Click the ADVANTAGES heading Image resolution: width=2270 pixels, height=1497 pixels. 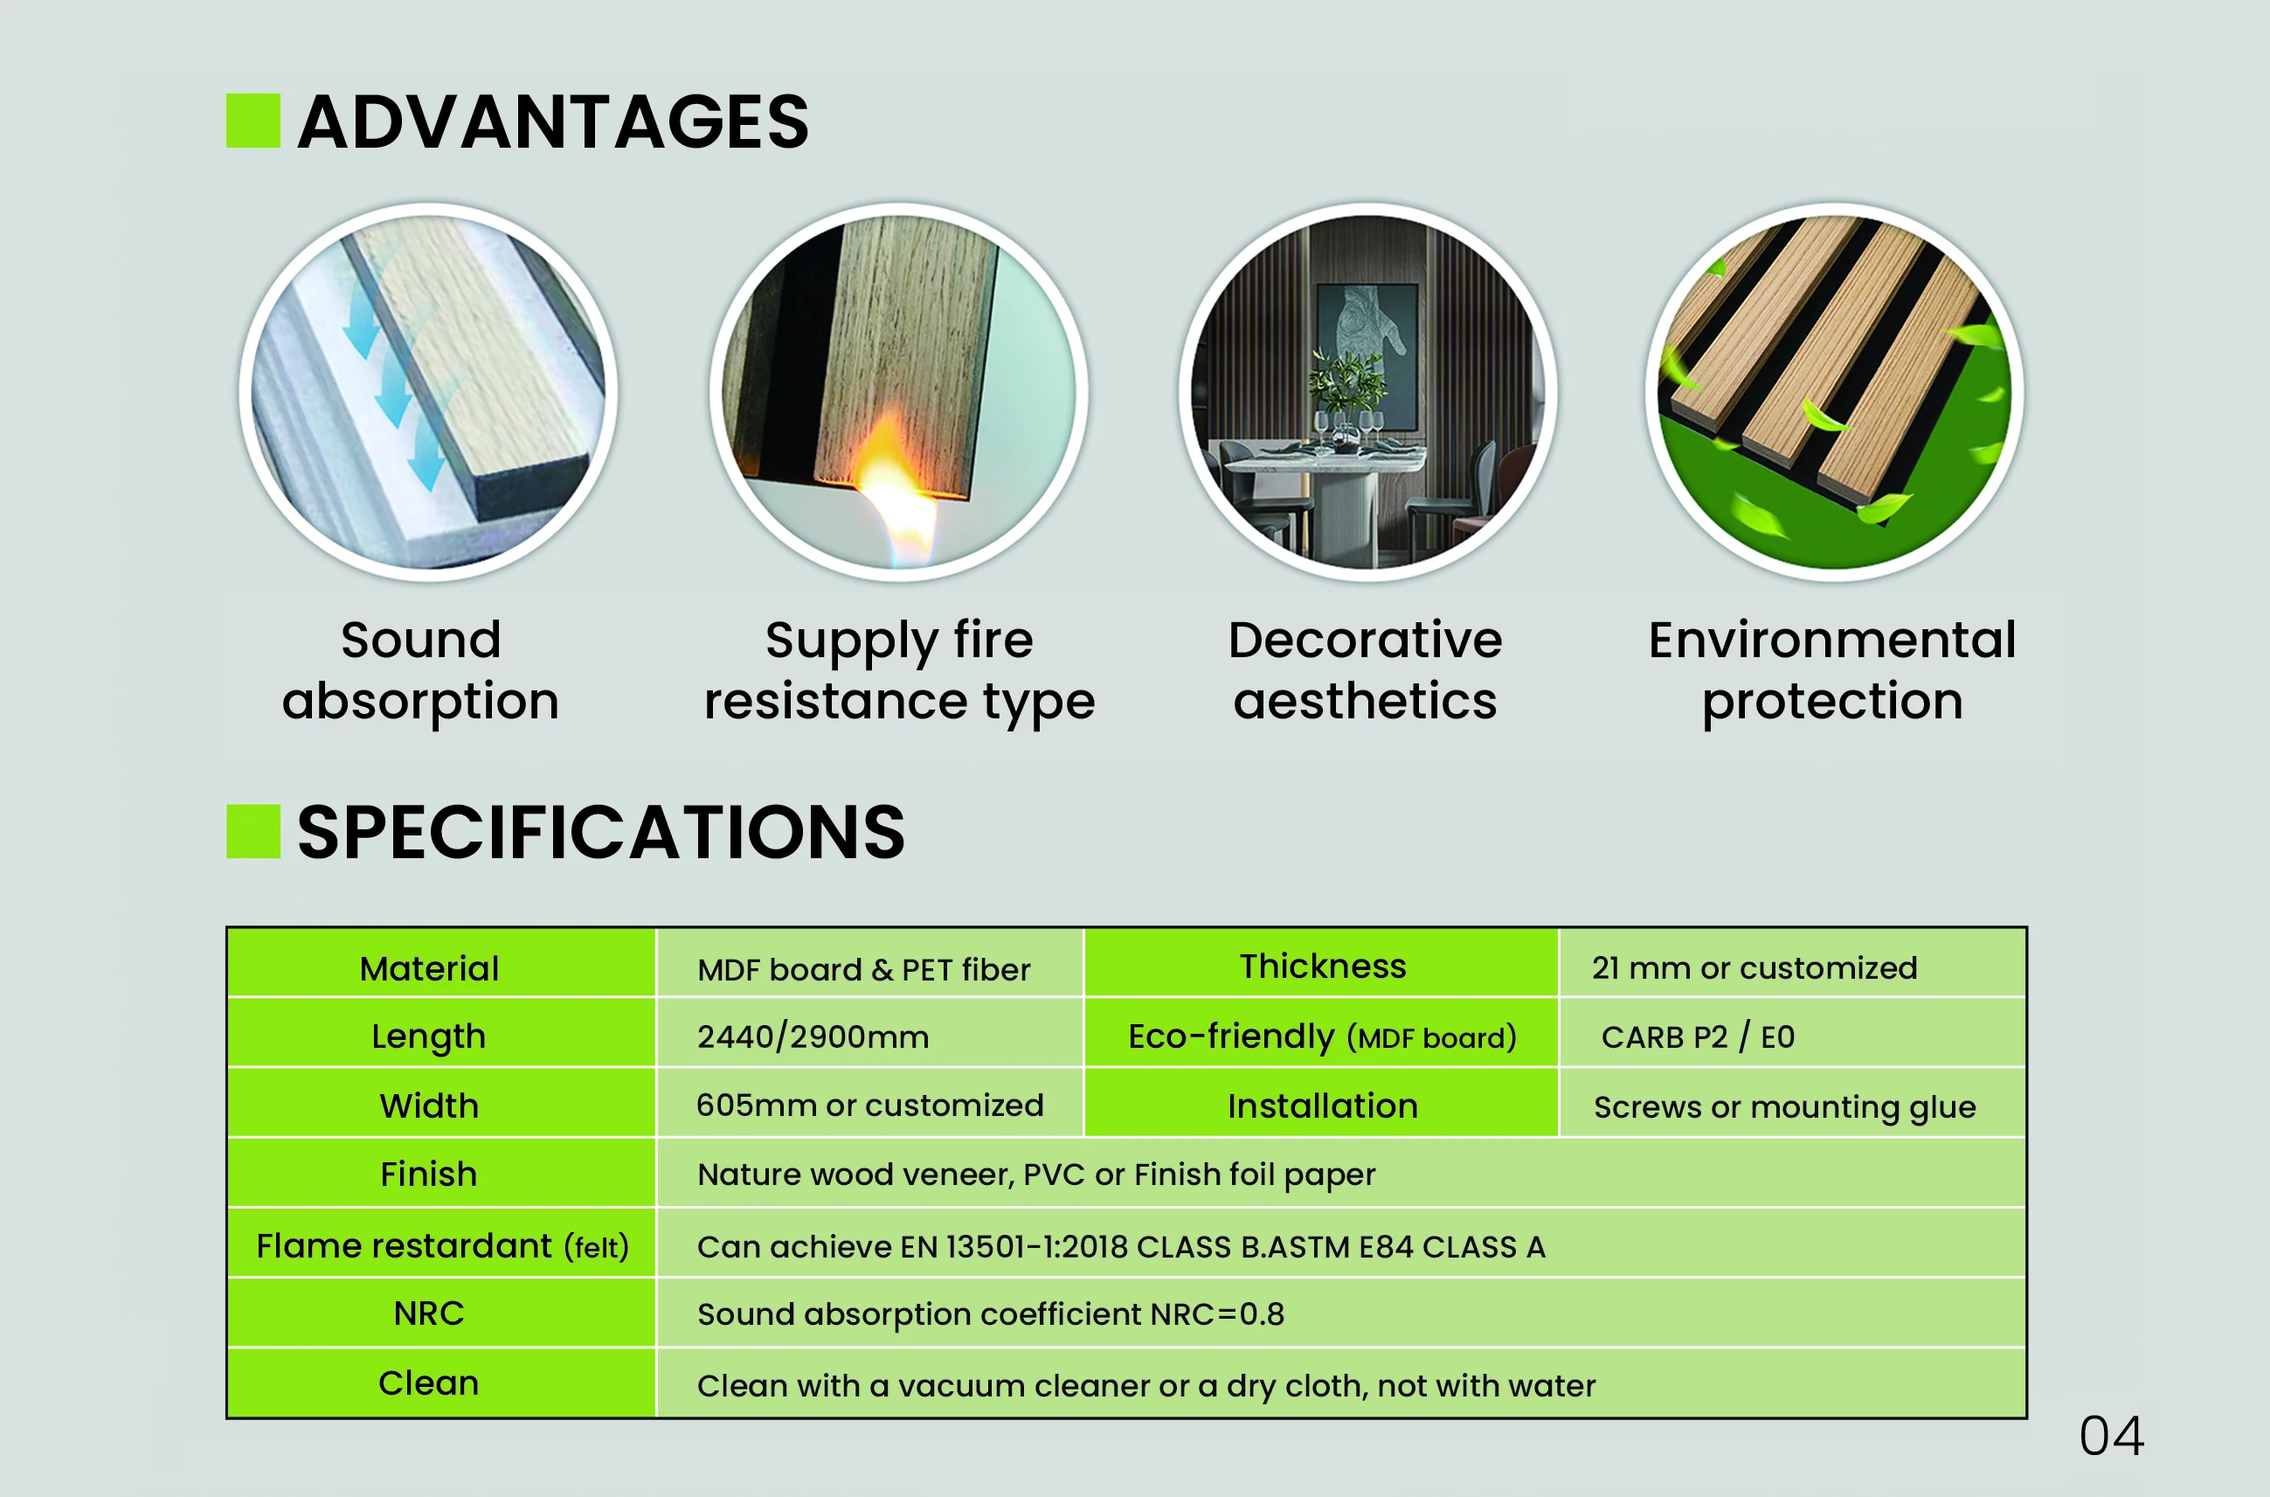553,121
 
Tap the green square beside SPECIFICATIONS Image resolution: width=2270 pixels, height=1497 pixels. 253,830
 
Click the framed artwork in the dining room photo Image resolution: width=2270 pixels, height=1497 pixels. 1366,357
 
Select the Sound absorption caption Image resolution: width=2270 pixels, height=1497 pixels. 421,670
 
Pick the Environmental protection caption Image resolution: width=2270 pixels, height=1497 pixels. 1832,670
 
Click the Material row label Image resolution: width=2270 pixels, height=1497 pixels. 430,968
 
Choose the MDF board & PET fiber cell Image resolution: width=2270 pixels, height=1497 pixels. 864,969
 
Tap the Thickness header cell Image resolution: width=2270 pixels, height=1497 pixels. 1323,967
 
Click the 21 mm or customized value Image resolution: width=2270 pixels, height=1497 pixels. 1754,967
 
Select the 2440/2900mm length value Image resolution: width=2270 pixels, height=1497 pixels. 813,1036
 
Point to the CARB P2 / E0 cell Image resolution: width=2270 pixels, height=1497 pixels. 1699,1036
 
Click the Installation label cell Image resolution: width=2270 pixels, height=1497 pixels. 1323,1105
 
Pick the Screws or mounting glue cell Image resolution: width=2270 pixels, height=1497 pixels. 1784,1106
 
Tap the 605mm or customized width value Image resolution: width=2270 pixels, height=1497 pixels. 869,1105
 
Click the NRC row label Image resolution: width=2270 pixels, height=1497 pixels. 429,1313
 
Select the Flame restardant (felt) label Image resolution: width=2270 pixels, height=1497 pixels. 442,1246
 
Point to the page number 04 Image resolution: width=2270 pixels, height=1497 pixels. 2112,1436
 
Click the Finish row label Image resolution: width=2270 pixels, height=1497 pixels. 429,1174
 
